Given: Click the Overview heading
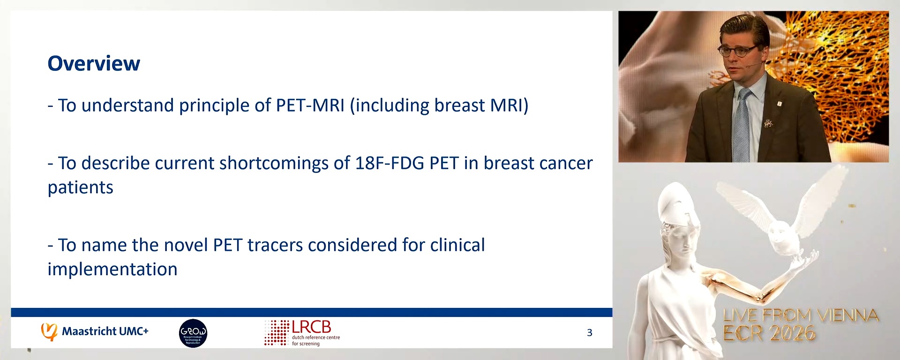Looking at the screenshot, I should tap(94, 64).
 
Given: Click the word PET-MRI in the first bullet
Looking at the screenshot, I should tap(310, 105).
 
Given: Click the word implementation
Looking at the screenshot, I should tap(112, 270).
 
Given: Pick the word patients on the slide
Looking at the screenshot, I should tap(81, 187).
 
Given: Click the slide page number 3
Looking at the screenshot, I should tap(589, 333).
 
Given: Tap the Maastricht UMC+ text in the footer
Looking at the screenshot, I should tap(105, 331).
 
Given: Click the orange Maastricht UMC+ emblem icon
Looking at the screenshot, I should tap(49, 331).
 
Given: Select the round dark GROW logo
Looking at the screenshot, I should tap(193, 333).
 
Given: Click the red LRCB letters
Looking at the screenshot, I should tap(311, 327).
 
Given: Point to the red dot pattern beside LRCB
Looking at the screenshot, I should tap(277, 333).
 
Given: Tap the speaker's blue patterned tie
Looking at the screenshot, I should tap(742, 127).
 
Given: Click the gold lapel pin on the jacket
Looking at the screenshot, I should tap(768, 123).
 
